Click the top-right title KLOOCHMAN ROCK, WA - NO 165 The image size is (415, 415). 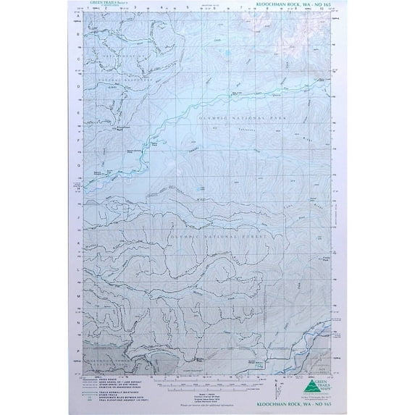(301, 7)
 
